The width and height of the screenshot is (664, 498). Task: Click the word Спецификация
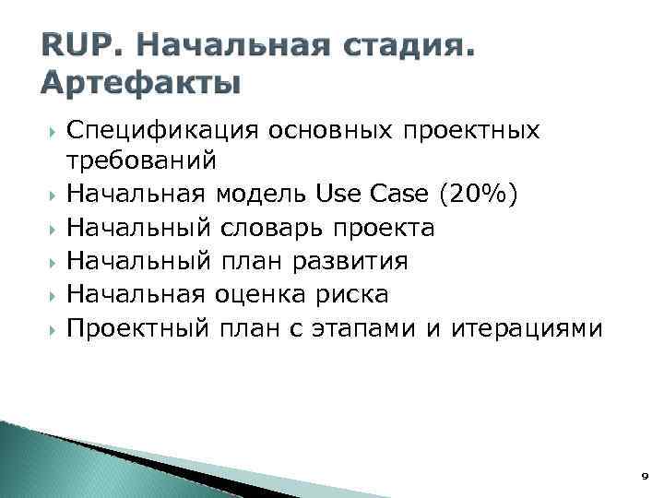click(162, 130)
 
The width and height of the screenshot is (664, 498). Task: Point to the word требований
click(141, 161)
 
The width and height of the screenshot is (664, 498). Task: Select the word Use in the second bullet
click(340, 194)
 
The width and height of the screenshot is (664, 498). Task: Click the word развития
click(350, 261)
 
